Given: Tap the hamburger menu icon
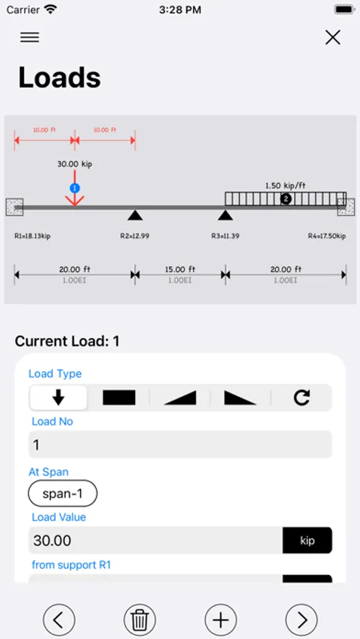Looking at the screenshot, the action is (x=30, y=38).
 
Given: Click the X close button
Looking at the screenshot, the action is (x=333, y=38).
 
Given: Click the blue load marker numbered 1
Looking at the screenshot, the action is (x=75, y=188).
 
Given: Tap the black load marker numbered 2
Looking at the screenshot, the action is (x=285, y=199).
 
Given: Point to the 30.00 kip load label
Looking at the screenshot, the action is (x=75, y=164).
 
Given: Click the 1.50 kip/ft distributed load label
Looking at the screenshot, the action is (x=285, y=186).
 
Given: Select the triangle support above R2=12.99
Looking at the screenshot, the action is (x=135, y=215).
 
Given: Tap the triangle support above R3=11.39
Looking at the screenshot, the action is (x=225, y=215).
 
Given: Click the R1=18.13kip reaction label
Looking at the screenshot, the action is (x=33, y=236).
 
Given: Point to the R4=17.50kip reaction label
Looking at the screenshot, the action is (x=327, y=236).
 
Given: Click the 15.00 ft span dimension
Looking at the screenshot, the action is (x=180, y=269).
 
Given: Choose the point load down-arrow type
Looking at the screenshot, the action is (x=58, y=398).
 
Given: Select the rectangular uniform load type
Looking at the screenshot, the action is (x=119, y=398).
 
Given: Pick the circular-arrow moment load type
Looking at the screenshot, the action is (x=302, y=398).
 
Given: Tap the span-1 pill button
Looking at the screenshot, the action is (x=62, y=493).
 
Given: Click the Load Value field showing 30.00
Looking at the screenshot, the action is (x=156, y=540).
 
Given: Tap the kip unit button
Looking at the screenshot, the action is (x=307, y=540).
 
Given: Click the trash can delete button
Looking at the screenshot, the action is (x=140, y=620).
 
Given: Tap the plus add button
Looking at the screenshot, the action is (x=221, y=620).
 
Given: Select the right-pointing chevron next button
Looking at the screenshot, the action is (x=302, y=620).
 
